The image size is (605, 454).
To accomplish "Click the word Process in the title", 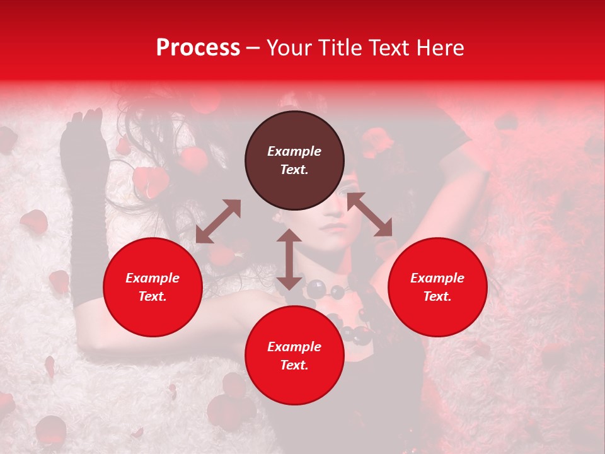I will point(198,48).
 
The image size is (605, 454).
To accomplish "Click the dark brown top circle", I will point(294,161).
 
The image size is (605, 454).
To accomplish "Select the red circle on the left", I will point(153,288).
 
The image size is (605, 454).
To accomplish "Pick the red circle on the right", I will point(437,288).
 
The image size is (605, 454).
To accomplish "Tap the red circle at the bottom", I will point(294,356).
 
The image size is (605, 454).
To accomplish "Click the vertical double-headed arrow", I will point(289,259).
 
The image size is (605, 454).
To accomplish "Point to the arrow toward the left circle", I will point(218,221).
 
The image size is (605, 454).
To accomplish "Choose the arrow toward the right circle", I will point(370,215).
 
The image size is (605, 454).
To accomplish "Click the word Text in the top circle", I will point(294,170).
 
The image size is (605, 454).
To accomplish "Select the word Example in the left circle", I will point(153,278).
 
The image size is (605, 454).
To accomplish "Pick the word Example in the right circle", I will point(437,278).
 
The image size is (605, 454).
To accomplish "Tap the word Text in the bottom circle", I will point(294,365).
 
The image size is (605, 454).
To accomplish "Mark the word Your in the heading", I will point(287,48).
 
